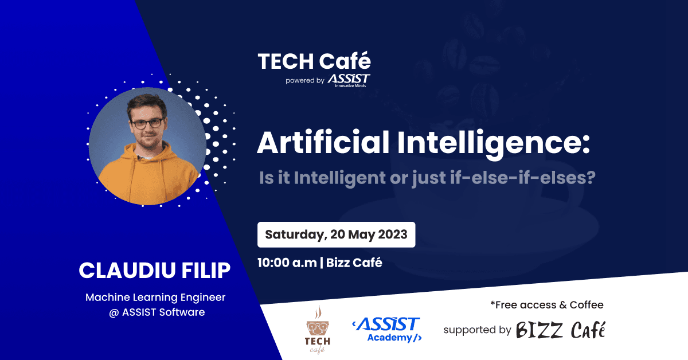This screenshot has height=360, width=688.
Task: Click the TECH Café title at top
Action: [314, 61]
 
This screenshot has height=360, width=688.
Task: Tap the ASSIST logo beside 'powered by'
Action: [349, 80]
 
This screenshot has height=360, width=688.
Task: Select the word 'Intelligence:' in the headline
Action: [498, 143]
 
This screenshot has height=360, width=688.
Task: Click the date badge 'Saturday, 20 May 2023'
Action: [336, 234]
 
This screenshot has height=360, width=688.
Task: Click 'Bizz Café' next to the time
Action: [354, 263]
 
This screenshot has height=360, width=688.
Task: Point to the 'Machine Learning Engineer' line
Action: [155, 298]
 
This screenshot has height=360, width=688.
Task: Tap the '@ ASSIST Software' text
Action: [155, 312]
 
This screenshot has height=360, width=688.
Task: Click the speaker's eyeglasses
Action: [147, 123]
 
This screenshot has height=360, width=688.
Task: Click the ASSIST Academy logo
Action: [386, 330]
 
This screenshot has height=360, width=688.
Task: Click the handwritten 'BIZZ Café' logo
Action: [560, 330]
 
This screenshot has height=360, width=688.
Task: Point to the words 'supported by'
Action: [477, 330]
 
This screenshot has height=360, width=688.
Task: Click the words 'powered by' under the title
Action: [304, 81]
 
